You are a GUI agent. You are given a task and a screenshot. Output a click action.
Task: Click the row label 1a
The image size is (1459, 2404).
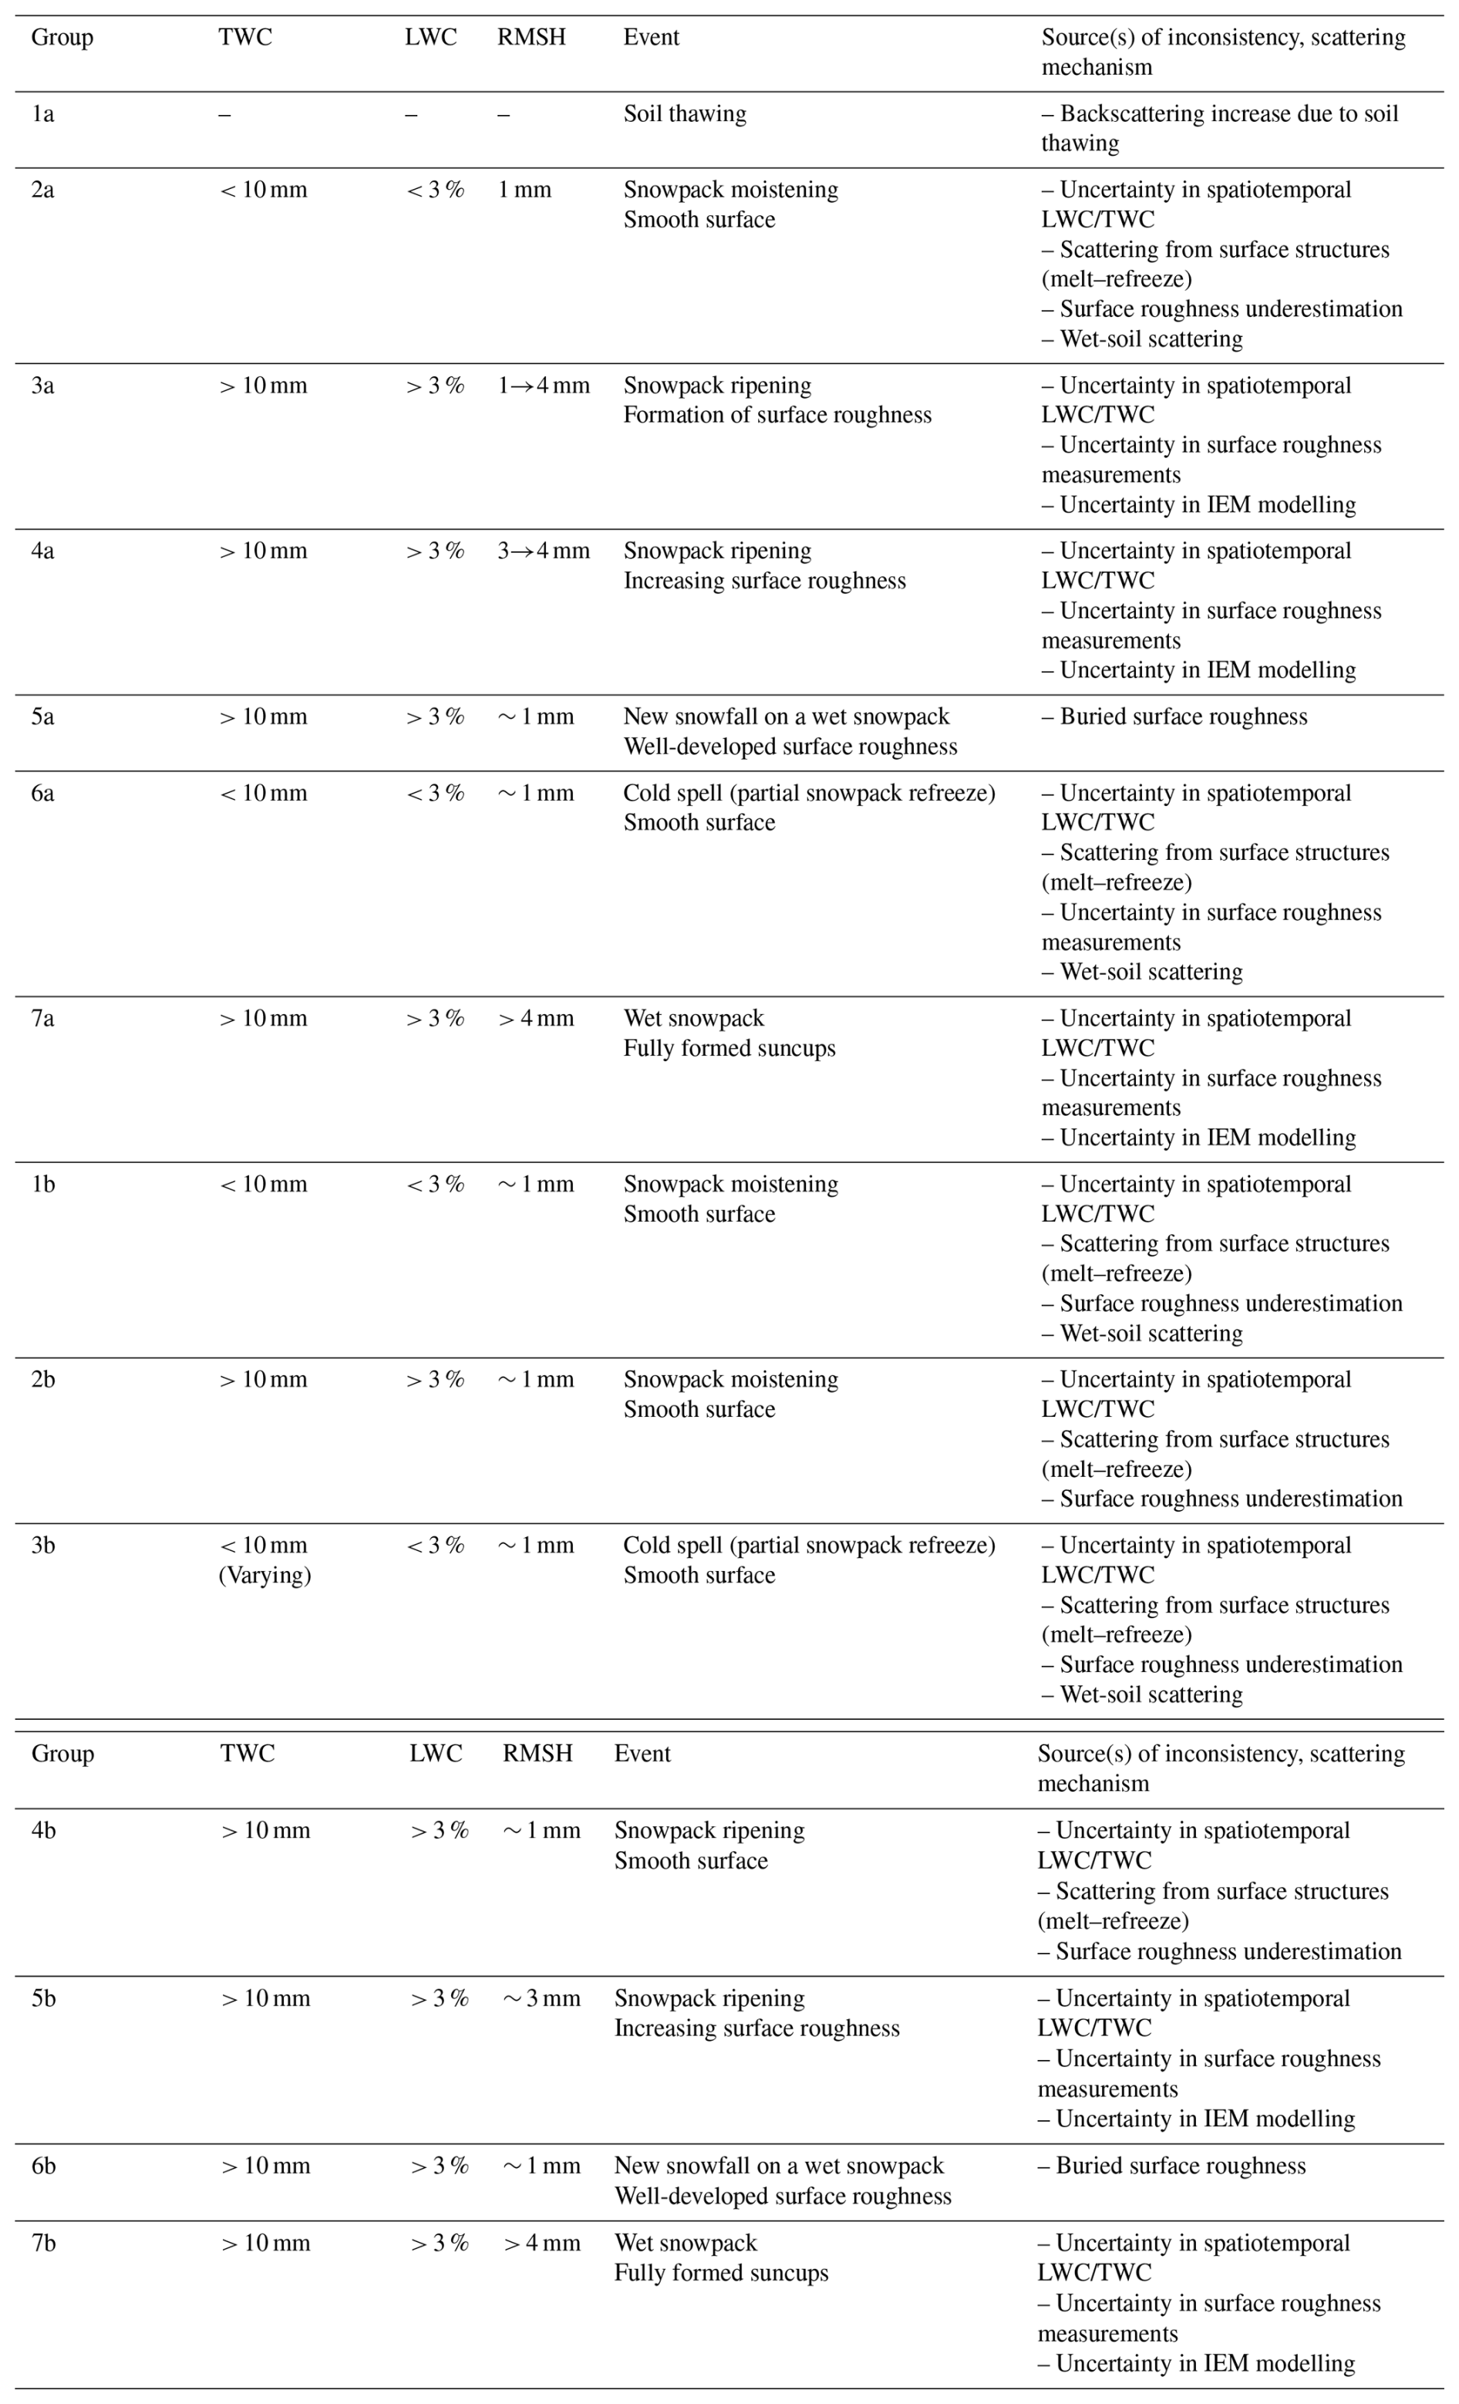(43, 114)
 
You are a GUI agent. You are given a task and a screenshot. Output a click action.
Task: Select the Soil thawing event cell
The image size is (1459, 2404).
(685, 114)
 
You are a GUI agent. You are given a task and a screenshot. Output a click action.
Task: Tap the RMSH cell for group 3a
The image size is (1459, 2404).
(543, 386)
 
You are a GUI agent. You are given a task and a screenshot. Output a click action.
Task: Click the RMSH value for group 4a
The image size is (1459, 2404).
(543, 551)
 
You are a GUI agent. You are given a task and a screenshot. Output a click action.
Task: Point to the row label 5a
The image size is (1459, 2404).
(43, 717)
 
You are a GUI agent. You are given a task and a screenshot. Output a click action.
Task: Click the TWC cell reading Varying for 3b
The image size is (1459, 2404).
(265, 1575)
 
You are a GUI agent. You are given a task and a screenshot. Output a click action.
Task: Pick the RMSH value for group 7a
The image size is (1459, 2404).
(535, 1019)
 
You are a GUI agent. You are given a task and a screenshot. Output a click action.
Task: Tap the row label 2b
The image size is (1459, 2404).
(43, 1380)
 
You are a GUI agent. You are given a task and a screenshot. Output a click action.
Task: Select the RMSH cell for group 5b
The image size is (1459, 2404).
(541, 1998)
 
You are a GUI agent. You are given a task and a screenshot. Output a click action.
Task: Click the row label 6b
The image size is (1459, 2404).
(44, 2166)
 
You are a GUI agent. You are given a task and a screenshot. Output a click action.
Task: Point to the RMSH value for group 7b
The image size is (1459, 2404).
(541, 2243)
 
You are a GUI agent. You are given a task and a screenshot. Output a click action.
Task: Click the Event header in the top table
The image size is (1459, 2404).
(651, 37)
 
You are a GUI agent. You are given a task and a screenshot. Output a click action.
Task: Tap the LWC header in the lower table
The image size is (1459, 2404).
(435, 1753)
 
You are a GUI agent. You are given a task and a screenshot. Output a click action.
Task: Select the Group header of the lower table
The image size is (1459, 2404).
(62, 1753)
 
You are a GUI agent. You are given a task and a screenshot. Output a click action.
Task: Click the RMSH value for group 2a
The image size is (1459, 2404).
(524, 190)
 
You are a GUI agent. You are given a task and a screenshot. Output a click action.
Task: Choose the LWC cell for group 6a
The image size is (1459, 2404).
(435, 793)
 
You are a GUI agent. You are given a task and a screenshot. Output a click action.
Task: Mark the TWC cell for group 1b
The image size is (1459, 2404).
(263, 1185)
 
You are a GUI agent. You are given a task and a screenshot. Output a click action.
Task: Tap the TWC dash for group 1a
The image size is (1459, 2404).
(225, 114)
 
